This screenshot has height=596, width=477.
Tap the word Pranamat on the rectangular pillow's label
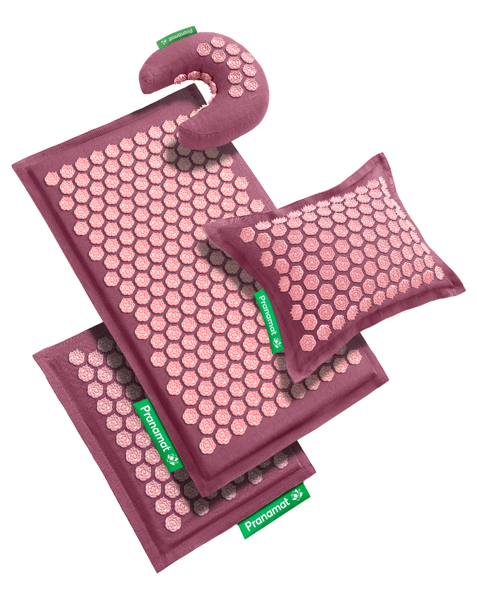pyautogui.click(x=267, y=315)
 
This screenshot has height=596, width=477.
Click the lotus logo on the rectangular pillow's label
pyautogui.click(x=276, y=343)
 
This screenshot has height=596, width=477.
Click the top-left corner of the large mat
pyautogui.click(x=13, y=166)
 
